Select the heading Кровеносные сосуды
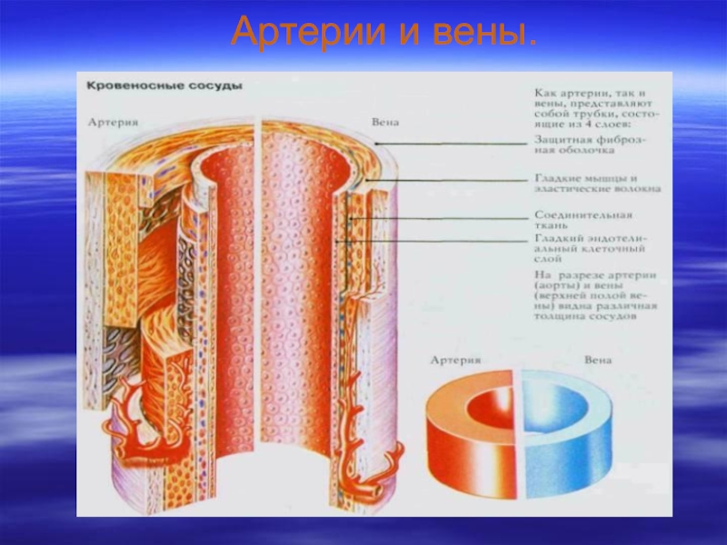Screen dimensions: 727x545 pyautogui.click(x=164, y=85)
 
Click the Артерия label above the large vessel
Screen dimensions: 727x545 pyautogui.click(x=114, y=121)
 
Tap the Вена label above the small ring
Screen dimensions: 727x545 pyautogui.click(x=597, y=361)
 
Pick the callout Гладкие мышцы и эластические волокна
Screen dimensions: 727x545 pyautogui.click(x=596, y=184)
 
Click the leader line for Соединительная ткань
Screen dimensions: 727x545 pyautogui.click(x=445, y=218)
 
